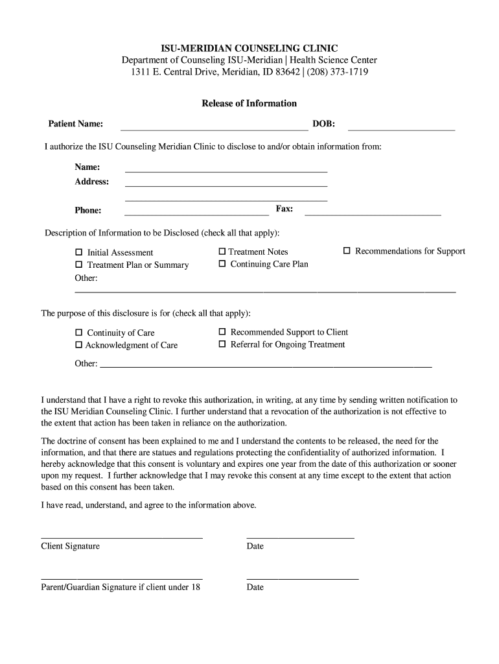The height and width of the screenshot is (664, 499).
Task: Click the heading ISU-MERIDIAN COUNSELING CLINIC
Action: click(250, 48)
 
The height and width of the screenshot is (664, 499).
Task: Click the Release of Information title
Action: click(249, 103)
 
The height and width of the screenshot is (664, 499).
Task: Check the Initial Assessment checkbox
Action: click(79, 252)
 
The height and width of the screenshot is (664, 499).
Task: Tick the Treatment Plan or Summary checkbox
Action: click(79, 265)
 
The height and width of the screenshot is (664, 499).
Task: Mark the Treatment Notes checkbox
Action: click(222, 252)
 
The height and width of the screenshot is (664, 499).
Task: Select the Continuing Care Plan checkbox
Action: click(222, 264)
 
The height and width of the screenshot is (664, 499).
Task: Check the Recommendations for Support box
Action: click(347, 251)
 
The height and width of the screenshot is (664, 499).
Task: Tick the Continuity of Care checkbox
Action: click(79, 333)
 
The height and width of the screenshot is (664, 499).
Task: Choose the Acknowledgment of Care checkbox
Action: click(79, 345)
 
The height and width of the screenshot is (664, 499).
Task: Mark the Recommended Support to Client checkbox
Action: click(222, 332)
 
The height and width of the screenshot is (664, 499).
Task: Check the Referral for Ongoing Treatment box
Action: click(222, 344)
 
